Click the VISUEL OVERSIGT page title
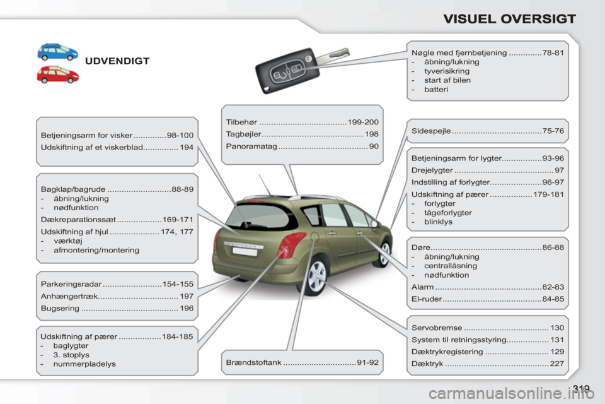(509, 18)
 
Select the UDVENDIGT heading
(117, 61)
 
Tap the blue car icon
(57, 51)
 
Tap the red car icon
(57, 74)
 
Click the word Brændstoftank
(253, 362)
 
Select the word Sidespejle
(430, 131)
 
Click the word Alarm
(422, 287)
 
